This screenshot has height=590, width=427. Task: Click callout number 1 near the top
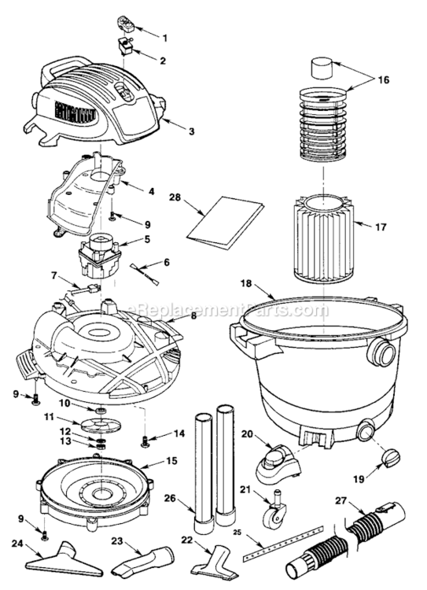pos(164,37)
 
